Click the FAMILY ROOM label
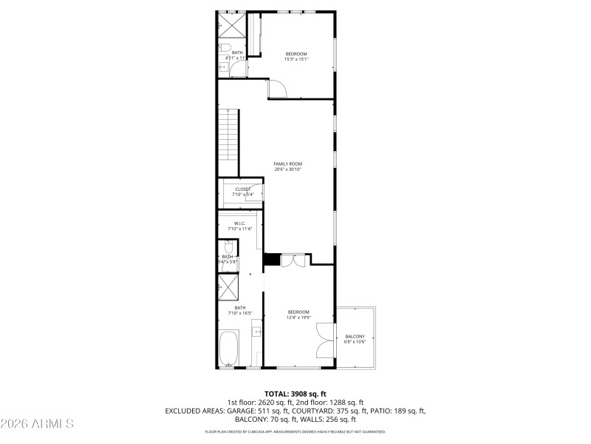287,164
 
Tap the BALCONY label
355,337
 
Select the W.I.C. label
239,223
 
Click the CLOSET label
243,189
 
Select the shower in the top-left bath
230,24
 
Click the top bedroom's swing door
277,90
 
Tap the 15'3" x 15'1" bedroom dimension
296,59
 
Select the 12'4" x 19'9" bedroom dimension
298,317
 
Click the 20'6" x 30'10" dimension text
287,169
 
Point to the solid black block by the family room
272,259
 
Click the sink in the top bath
223,67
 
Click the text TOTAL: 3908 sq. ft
295,394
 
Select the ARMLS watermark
38,424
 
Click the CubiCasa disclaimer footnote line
295,431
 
